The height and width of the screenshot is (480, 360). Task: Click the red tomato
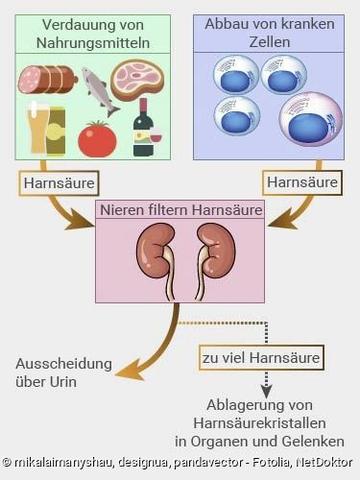pos(98,138)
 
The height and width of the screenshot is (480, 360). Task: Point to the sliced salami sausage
pos(45,79)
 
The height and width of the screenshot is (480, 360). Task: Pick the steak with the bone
pos(137,77)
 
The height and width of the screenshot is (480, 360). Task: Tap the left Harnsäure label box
pos(50,182)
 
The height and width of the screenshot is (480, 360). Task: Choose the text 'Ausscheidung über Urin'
pos(56,373)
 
